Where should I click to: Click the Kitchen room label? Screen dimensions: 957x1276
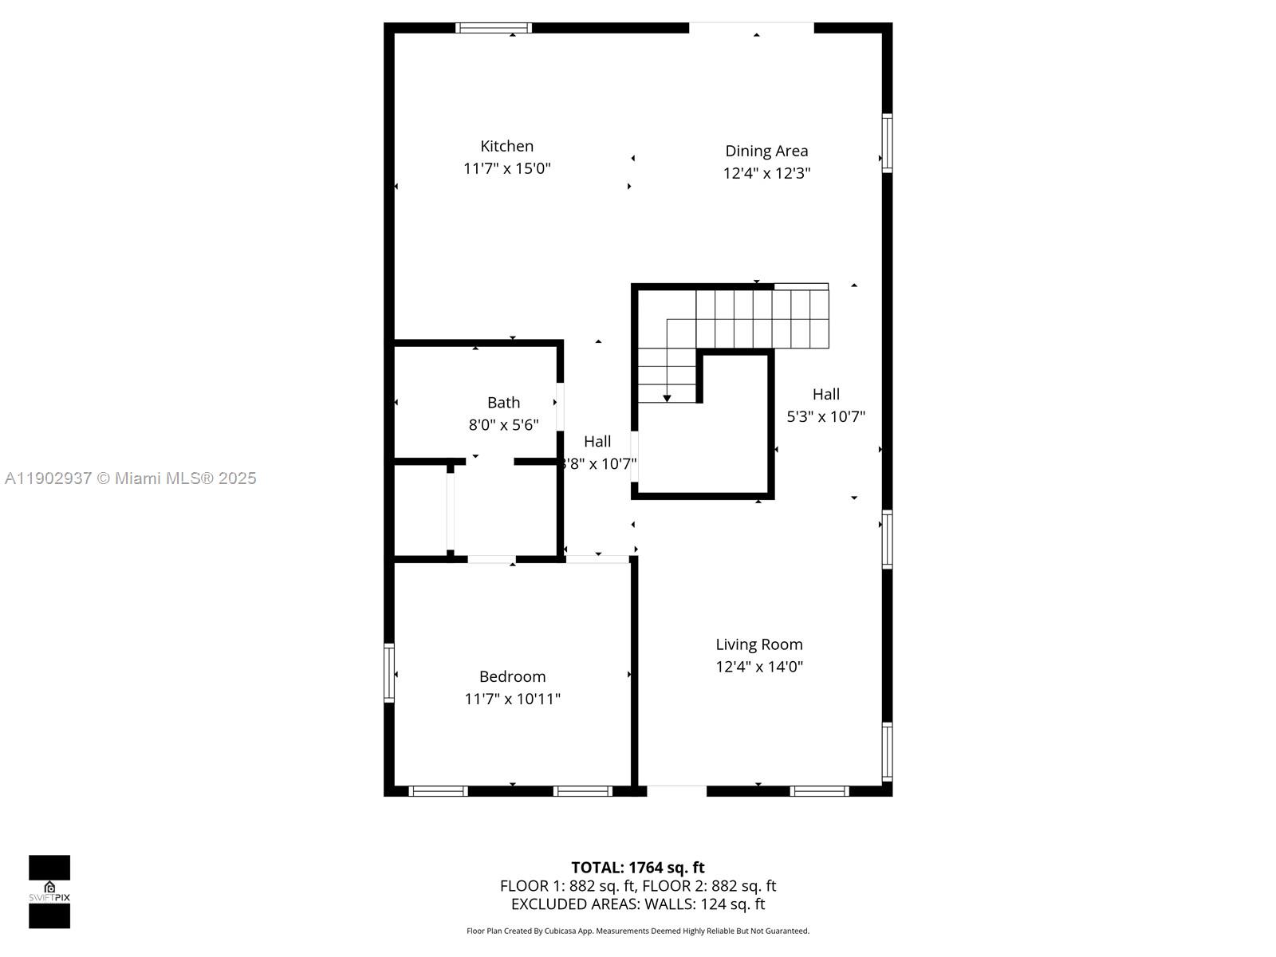pos(506,146)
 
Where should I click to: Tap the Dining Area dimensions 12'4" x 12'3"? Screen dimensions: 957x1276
pos(766,173)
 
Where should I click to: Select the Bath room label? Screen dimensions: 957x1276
pos(503,403)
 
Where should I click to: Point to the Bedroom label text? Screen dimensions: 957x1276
pos(512,676)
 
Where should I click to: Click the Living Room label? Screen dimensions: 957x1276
pos(758,644)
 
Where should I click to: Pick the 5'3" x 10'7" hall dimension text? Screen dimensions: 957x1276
pos(825,416)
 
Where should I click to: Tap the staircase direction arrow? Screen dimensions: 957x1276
pos(668,397)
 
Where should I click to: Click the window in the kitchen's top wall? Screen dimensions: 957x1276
pos(494,28)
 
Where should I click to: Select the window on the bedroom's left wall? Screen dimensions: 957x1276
pos(389,672)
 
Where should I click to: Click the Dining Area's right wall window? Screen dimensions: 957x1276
pos(887,143)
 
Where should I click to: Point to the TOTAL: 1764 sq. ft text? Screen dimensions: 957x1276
pos(637,867)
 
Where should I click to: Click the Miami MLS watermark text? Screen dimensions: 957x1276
pos(130,478)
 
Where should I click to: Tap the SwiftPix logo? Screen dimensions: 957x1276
pos(49,892)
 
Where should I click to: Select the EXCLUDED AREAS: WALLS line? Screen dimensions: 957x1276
pos(637,904)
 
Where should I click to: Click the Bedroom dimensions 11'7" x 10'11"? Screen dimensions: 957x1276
pos(512,699)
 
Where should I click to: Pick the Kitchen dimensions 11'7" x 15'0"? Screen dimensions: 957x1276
pos(506,168)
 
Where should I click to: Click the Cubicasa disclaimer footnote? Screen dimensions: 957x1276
pos(637,931)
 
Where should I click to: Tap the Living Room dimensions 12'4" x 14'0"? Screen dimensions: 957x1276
pos(758,667)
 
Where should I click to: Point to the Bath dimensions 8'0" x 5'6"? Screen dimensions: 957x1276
pos(503,425)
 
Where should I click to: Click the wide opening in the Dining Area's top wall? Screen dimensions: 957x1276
pos(751,28)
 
